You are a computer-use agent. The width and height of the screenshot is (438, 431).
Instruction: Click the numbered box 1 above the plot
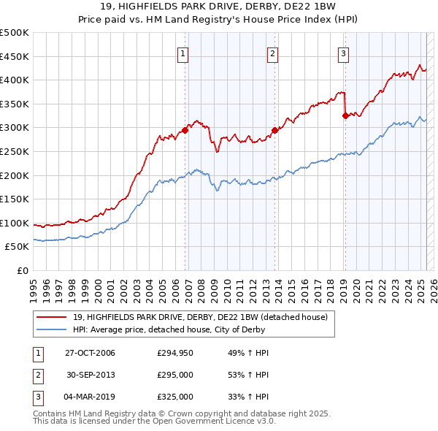coord(182,53)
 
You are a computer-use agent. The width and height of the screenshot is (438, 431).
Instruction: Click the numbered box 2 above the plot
coord(272,53)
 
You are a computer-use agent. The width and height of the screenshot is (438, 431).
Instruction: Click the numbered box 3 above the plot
coord(343,53)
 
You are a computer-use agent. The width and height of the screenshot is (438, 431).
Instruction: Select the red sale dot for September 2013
coord(274,130)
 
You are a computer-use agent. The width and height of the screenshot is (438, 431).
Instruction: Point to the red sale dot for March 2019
coord(345,115)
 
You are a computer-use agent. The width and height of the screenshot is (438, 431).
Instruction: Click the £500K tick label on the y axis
coord(15,33)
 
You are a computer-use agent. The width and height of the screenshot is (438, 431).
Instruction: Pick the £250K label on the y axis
coord(15,151)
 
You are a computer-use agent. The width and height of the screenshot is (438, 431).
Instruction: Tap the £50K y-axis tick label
coord(18,247)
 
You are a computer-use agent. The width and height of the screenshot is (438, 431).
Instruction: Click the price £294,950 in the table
coord(175,353)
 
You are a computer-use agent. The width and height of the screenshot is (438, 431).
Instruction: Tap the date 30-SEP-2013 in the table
coord(91,375)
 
